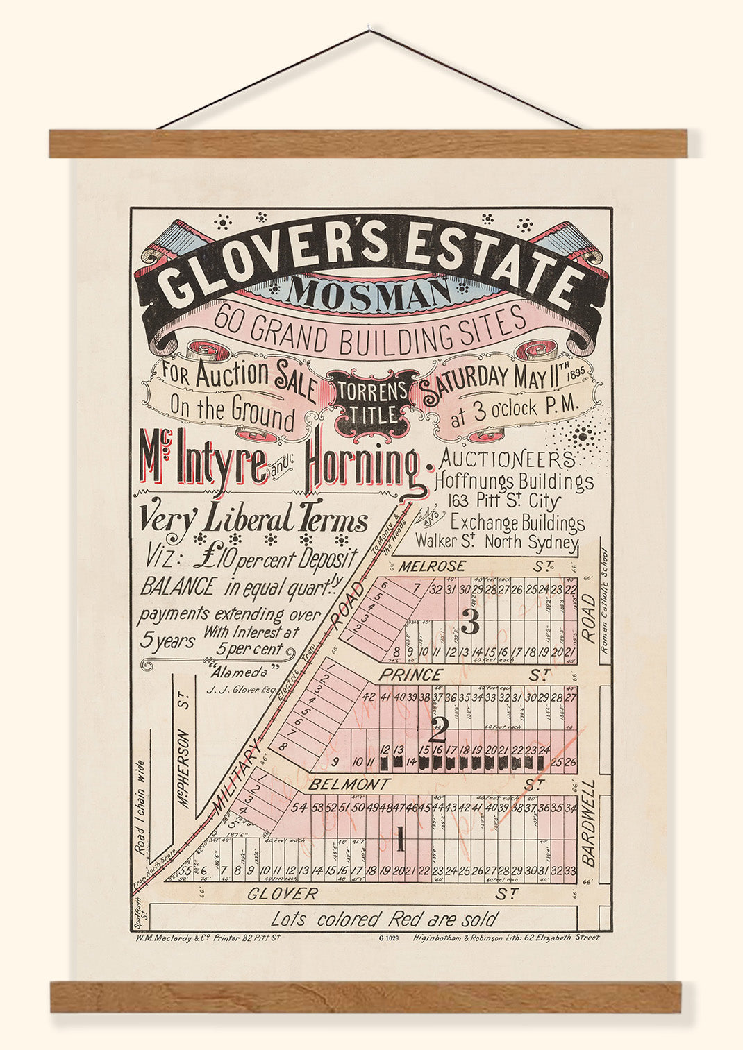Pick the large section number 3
[x=471, y=625]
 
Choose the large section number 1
[x=399, y=842]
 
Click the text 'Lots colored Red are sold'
[x=384, y=920]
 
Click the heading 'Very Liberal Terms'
[x=254, y=519]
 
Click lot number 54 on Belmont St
[x=299, y=807]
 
